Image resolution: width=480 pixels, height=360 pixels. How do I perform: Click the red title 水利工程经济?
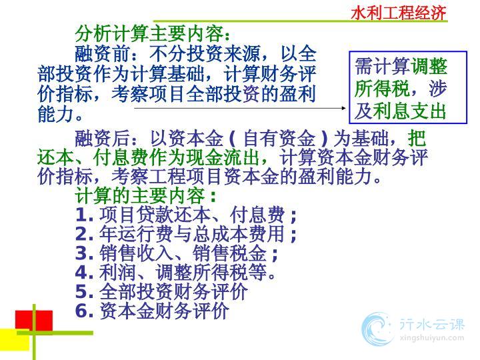tap(399, 13)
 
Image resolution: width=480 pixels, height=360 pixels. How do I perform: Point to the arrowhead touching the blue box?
tap(344, 108)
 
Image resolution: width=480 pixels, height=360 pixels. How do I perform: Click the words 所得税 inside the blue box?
tap(382, 89)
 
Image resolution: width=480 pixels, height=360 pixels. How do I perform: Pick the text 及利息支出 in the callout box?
tap(400, 111)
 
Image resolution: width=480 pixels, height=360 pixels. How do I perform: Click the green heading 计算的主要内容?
tap(140, 196)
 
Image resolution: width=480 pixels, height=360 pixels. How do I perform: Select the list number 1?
tap(83, 215)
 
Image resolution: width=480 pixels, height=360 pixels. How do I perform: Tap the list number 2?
tap(83, 234)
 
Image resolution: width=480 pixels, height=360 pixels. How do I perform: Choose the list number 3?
tap(83, 253)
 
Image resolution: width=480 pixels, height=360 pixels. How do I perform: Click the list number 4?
tap(83, 273)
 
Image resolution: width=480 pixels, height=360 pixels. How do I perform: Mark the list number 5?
tap(83, 292)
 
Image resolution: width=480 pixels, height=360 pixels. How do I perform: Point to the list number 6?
tap(83, 311)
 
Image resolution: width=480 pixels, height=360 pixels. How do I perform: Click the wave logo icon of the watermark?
tap(377, 329)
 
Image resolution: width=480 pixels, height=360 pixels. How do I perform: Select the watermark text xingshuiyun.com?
tap(432, 338)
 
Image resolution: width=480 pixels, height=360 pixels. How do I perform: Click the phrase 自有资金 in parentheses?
tap(279, 138)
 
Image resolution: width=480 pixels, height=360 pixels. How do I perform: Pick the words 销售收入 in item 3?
tap(136, 253)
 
